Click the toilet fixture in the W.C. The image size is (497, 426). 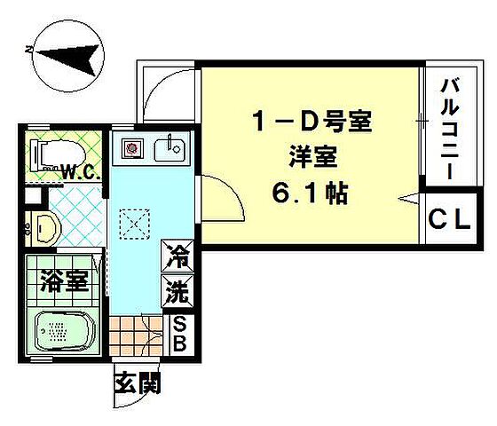[49, 154]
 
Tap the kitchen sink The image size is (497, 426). [169, 150]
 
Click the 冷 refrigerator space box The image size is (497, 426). [177, 256]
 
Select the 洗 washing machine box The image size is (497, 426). [177, 289]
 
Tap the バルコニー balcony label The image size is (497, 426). [450, 129]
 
